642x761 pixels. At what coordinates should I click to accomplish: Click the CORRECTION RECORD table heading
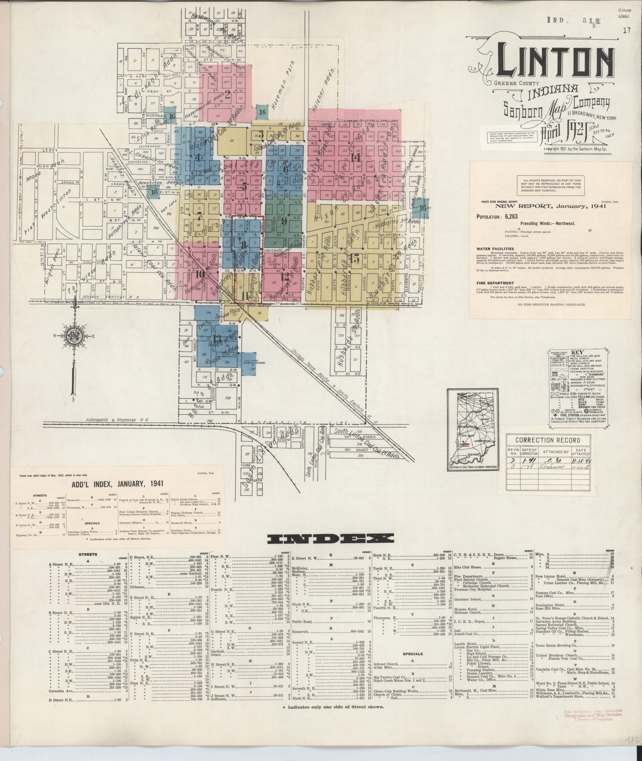click(547, 440)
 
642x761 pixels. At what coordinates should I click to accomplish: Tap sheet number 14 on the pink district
click(356, 158)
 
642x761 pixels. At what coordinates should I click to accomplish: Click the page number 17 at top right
click(627, 30)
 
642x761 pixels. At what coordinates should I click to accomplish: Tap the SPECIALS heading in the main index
click(412, 653)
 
